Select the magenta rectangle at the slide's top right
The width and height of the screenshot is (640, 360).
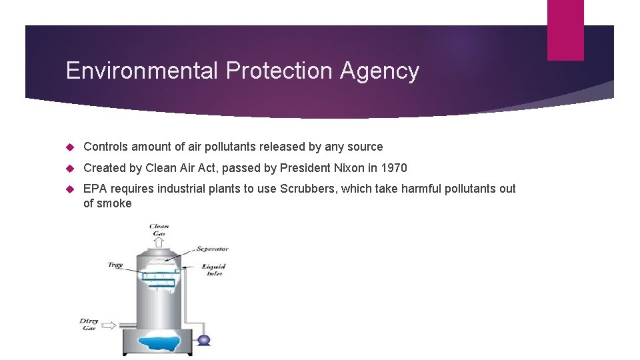(565, 30)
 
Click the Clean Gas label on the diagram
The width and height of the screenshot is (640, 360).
(159, 230)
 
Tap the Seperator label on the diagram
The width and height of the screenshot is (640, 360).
(212, 249)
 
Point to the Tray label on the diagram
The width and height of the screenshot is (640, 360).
(115, 265)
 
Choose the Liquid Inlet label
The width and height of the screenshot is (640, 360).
(214, 269)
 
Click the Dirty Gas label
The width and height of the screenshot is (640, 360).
(89, 324)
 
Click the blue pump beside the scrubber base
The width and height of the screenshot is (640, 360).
(204, 340)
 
